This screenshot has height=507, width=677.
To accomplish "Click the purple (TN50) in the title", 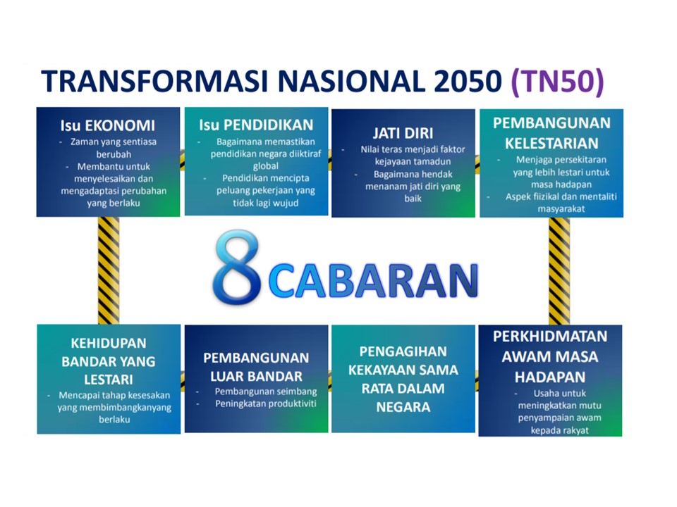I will (557, 82).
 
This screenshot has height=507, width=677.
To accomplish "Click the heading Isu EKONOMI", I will (107, 126).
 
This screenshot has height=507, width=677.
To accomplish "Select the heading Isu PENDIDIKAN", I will (255, 125).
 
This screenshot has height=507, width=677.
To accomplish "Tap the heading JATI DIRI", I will (403, 134).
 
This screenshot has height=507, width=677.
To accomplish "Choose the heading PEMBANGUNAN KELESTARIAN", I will (551, 133).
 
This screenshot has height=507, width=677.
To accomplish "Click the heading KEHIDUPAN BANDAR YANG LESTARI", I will (108, 361).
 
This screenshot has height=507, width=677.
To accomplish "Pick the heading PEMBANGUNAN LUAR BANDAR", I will (256, 367).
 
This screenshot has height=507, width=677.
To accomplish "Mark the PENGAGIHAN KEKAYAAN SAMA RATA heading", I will (403, 379).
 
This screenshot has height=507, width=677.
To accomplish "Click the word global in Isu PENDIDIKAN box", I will (255, 166).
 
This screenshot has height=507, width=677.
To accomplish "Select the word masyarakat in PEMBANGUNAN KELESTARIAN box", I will (551, 209).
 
